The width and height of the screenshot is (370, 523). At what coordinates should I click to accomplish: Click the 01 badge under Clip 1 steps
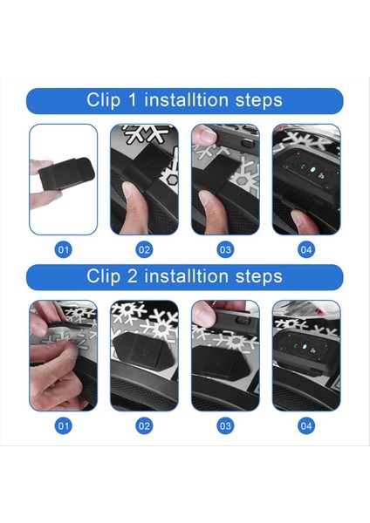pos(63,249)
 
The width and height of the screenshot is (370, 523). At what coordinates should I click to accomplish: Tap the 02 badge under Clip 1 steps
pos(144,249)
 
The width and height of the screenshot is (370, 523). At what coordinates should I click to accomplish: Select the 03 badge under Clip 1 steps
pos(225,249)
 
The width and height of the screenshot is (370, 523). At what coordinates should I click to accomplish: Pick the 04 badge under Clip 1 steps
pos(306,249)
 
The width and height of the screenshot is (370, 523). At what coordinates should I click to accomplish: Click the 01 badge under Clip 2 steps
pos(63,425)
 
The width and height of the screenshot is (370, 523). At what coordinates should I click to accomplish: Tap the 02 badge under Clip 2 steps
pos(144,425)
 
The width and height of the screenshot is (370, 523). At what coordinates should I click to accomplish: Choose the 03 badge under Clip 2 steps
pos(225,425)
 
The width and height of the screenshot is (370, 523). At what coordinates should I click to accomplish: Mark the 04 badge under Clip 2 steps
pos(306,425)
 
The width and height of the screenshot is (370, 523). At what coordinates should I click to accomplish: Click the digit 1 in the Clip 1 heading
pos(133,100)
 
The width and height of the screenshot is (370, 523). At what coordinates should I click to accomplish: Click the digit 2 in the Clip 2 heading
pos(133,276)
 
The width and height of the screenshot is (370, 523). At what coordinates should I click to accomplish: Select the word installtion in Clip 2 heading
pos(187,276)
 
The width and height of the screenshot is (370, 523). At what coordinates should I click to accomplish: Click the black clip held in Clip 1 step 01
pos(67,173)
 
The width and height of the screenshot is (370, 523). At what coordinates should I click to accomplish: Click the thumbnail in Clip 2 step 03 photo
pos(203,316)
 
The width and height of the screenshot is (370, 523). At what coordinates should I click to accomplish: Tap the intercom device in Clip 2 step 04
pos(305,349)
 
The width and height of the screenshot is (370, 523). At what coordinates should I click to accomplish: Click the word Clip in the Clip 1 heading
pos(104,101)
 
